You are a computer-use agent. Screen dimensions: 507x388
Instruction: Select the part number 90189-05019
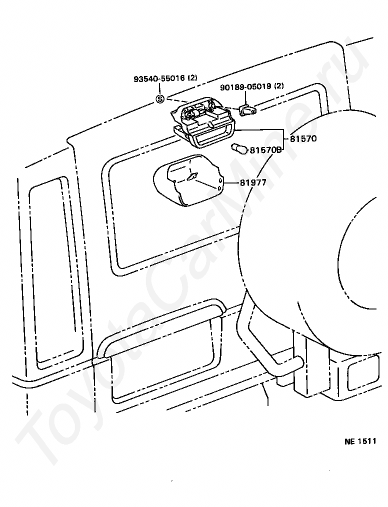(245, 87)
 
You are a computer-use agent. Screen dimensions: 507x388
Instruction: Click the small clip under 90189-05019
(246, 109)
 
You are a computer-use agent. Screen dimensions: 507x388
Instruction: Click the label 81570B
(266, 149)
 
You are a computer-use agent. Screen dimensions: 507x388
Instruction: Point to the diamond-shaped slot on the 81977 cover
(192, 176)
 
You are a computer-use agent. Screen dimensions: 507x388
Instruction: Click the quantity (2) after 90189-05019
(278, 87)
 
